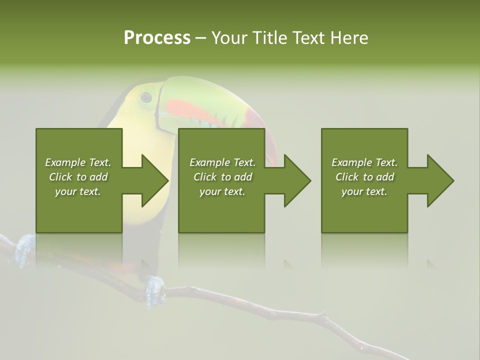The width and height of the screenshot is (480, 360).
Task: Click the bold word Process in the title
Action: [x=157, y=37]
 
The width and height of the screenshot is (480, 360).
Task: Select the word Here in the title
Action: [x=349, y=37]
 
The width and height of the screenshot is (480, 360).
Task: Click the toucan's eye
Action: [x=146, y=96]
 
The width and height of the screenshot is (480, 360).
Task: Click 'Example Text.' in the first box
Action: [x=78, y=162]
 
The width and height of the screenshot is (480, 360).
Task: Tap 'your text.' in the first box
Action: [x=78, y=191]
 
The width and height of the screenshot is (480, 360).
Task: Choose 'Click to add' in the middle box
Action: [x=222, y=177]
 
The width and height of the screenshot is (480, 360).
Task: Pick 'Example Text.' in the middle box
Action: [x=222, y=162]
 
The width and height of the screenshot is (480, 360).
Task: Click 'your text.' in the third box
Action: [x=364, y=191]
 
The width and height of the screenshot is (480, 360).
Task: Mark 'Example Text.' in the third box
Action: [x=364, y=162]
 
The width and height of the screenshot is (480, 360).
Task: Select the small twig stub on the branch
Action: [x=324, y=316]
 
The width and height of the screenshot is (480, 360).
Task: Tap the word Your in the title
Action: [x=229, y=37]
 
